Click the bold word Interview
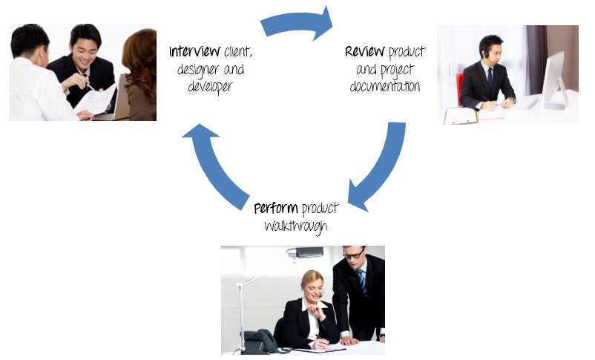coord(194,51)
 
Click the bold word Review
coord(365,51)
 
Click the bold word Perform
coord(276,209)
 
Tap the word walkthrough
coord(295,226)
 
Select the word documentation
coord(385,86)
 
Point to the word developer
coord(210,87)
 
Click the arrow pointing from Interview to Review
coord(297,23)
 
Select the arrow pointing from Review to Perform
coord(384,167)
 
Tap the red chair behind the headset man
coord(459,89)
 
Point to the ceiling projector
coord(305,252)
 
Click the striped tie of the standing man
coord(361,281)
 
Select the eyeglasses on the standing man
coord(354,254)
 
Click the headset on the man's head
coord(487,51)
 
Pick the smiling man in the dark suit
coord(83,68)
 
